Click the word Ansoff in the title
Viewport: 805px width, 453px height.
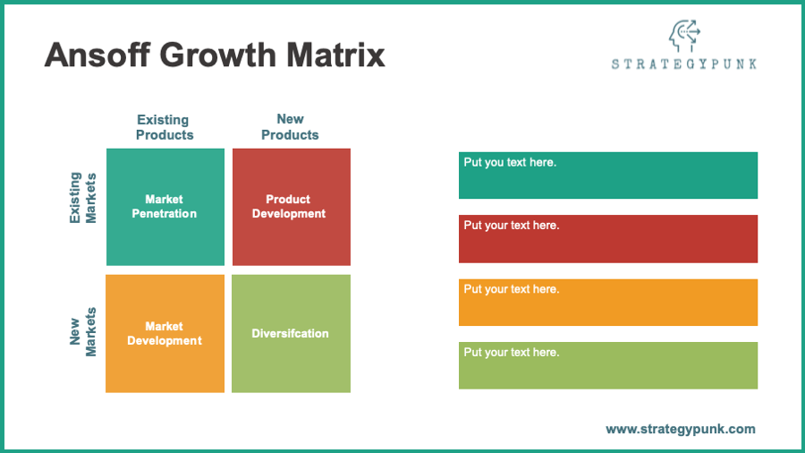pyautogui.click(x=97, y=55)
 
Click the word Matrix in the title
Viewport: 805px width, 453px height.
pyautogui.click(x=335, y=55)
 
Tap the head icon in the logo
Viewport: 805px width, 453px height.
pyautogui.click(x=685, y=36)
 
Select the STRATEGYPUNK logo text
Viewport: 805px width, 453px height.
pyautogui.click(x=684, y=64)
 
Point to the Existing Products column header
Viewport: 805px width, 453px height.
pyautogui.click(x=165, y=127)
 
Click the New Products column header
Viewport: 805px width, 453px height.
pyautogui.click(x=290, y=127)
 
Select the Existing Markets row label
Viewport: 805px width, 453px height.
pyautogui.click(x=82, y=198)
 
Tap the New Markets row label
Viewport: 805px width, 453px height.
pyautogui.click(x=82, y=332)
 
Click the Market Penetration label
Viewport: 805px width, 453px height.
pyautogui.click(x=165, y=207)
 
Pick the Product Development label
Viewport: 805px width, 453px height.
pyautogui.click(x=289, y=207)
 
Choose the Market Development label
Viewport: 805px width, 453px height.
pyautogui.click(x=165, y=333)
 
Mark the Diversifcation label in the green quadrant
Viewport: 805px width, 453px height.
pyautogui.click(x=290, y=333)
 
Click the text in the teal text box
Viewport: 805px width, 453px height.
pyautogui.click(x=510, y=162)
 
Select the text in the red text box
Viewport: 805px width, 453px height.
pyautogui.click(x=512, y=226)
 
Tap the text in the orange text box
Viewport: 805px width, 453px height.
pyautogui.click(x=512, y=289)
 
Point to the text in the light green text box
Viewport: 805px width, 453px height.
pyautogui.click(x=512, y=353)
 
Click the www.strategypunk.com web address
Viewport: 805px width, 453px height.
pyautogui.click(x=681, y=430)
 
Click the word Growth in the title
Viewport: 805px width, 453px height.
pyautogui.click(x=218, y=55)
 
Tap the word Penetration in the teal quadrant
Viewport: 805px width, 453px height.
pyautogui.click(x=165, y=214)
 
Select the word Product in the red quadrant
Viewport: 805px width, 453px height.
pyautogui.click(x=288, y=200)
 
